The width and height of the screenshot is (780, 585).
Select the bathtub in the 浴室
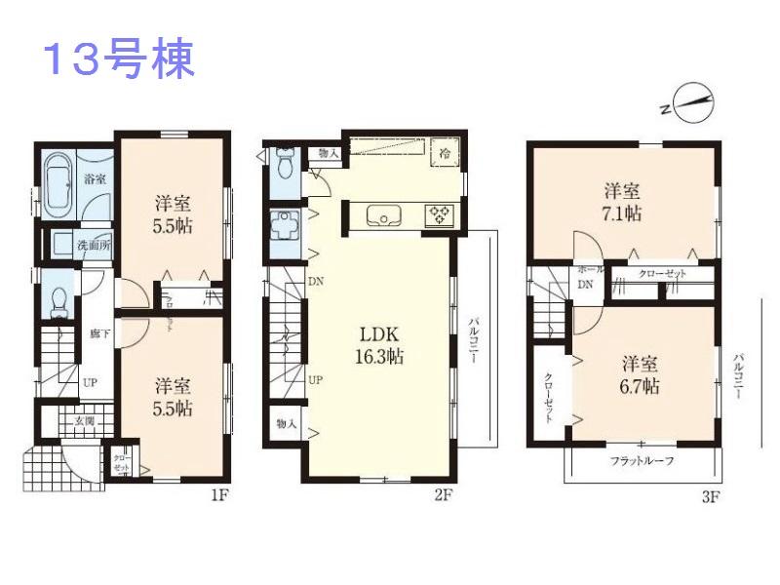coord(58,181)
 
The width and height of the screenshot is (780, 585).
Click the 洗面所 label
coord(95,245)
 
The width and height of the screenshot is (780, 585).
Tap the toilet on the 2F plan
coord(285,162)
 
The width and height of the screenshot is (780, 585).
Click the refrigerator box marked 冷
coord(445,154)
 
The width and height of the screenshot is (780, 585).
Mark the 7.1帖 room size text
coord(620,211)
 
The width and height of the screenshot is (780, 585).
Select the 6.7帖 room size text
coord(641,386)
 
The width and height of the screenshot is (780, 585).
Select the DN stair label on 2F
coord(316,282)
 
